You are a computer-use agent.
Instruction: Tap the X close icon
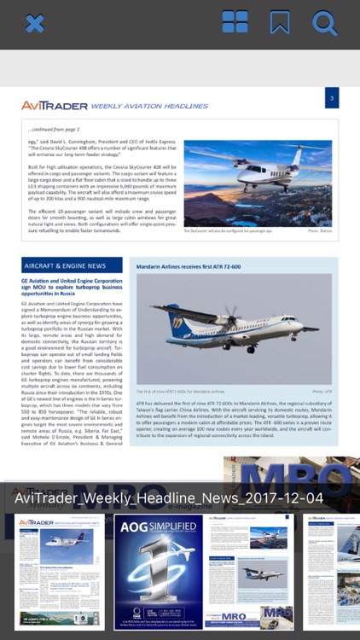click(34, 23)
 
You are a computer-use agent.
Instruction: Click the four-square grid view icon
click(235, 22)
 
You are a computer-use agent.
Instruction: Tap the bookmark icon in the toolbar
click(280, 22)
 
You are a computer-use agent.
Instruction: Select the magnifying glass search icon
click(325, 23)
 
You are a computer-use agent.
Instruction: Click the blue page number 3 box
click(332, 98)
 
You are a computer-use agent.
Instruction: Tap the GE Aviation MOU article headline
click(72, 286)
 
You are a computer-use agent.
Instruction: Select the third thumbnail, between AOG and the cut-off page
click(253, 572)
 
